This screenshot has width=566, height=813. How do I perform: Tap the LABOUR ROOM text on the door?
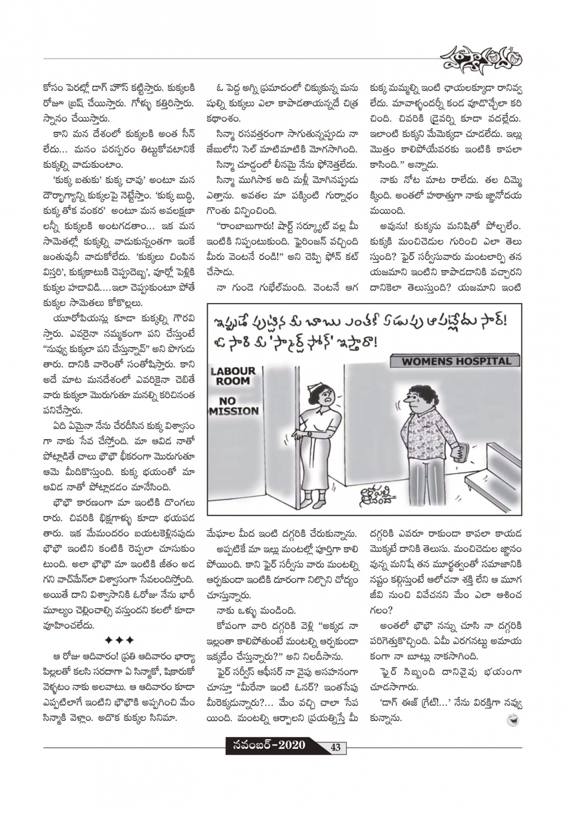(233, 376)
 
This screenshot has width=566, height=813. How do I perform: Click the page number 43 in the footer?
(335, 747)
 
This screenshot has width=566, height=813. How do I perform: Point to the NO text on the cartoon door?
(227, 400)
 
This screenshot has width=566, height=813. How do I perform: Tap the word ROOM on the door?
(234, 381)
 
